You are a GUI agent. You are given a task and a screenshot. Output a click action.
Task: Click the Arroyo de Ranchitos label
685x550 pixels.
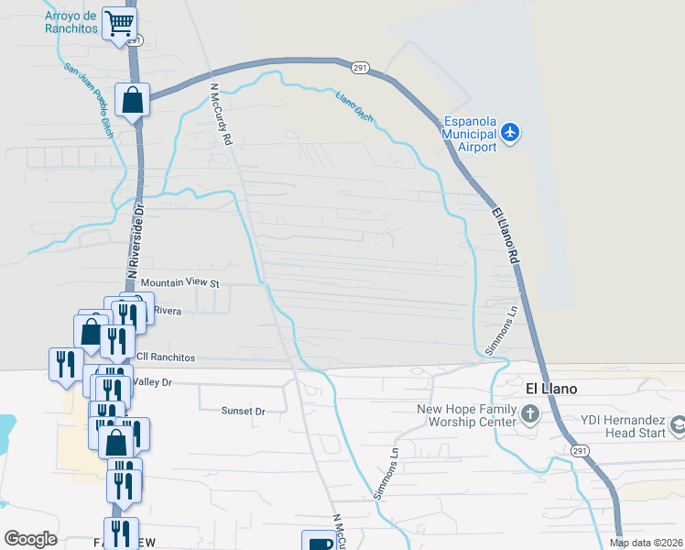(x=71, y=22)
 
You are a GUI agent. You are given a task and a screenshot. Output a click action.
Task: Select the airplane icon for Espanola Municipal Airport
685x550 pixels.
(x=510, y=134)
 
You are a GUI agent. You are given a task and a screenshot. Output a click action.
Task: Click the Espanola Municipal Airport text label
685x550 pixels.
(x=469, y=134)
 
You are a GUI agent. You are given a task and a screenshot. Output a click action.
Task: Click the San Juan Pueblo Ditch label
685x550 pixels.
(x=87, y=95)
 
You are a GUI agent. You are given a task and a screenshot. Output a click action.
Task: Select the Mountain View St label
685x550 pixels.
(x=180, y=283)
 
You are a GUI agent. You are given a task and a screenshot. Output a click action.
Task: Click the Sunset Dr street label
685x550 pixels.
(x=243, y=412)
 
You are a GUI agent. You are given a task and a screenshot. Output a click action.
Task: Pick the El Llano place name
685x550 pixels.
(x=552, y=389)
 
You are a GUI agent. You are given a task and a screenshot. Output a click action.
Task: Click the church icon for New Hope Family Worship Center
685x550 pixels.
(x=530, y=415)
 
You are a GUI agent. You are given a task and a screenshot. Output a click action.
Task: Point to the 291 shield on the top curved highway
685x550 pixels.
(x=360, y=68)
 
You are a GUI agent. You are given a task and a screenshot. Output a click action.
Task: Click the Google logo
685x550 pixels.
(x=30, y=538)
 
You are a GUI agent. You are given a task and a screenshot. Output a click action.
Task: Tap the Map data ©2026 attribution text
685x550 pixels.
(x=646, y=543)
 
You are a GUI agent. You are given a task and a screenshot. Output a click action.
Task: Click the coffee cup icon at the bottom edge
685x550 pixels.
(x=318, y=543)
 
